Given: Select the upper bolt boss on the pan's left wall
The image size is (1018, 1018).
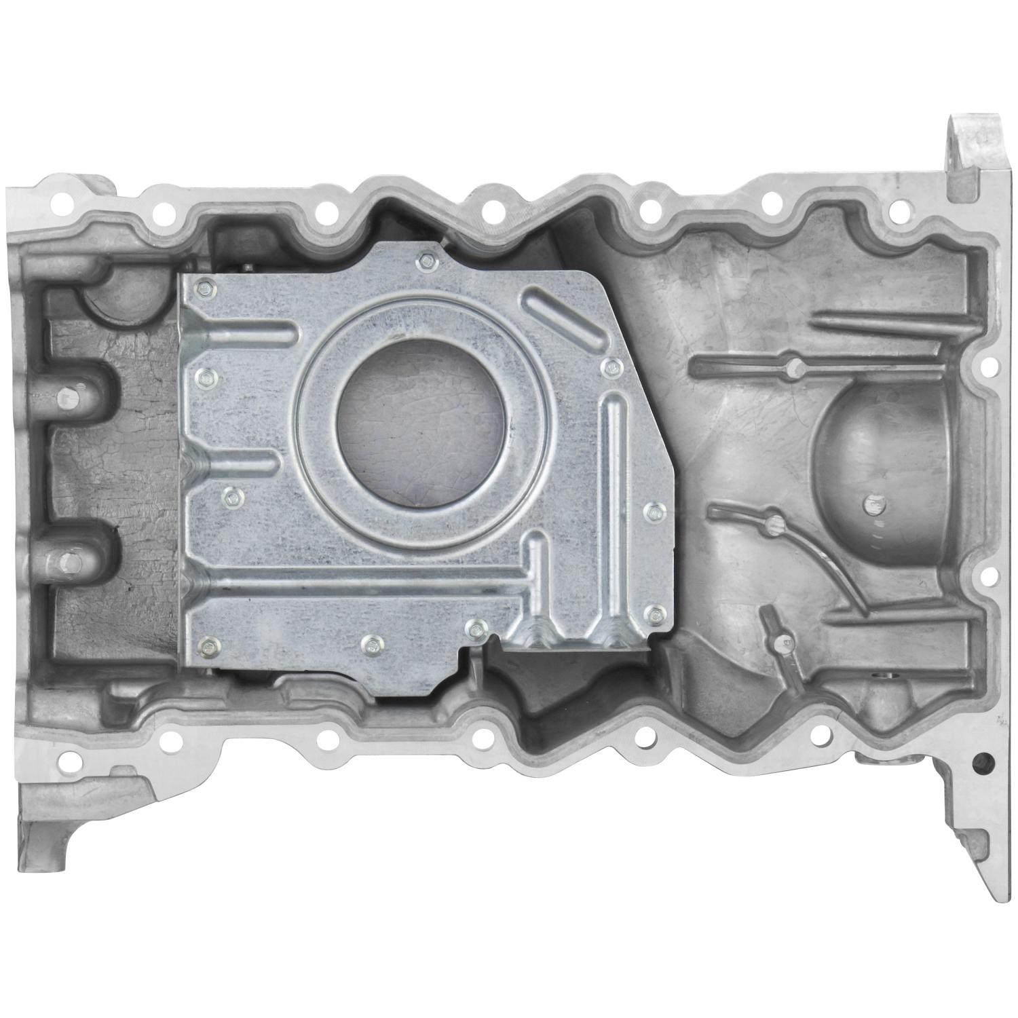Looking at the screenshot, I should click(67, 397).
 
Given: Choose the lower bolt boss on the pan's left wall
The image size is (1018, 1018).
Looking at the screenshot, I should click(67, 560).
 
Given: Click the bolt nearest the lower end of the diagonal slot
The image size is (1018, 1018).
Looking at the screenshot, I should click(612, 368).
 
